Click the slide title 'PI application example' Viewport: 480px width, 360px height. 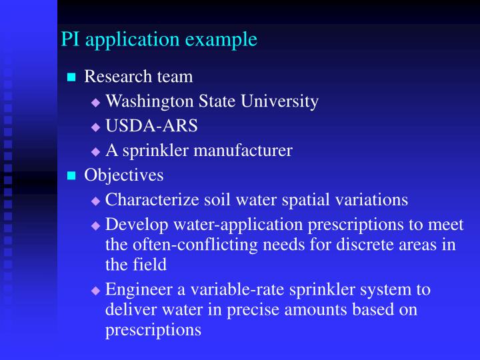(159, 39)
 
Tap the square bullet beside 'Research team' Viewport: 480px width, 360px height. (72, 78)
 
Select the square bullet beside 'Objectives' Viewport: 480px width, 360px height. (72, 176)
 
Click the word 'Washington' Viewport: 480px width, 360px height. (145, 101)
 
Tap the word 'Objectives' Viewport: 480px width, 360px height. (123, 175)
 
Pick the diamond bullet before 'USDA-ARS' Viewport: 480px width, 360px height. (95, 127)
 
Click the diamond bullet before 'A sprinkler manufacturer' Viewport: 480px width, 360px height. (95, 152)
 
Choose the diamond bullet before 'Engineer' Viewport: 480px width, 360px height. (95, 291)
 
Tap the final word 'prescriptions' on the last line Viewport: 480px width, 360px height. (153, 330)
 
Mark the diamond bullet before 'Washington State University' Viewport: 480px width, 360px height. (95, 103)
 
